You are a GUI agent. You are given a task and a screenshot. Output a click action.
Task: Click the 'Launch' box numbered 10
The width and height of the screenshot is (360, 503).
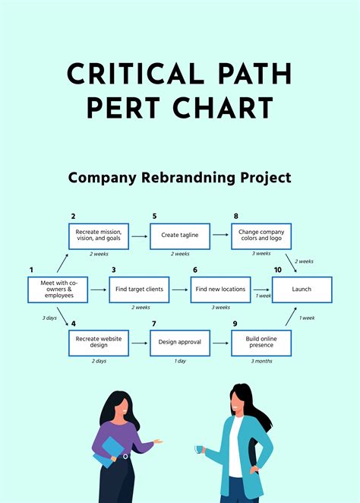coord(302,289)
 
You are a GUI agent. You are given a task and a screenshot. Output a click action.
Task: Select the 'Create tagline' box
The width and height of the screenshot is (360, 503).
coord(180,236)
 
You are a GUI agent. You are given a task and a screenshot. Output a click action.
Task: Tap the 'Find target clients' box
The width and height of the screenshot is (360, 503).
coord(140,289)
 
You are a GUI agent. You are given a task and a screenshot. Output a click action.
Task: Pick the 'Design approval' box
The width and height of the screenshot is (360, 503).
coord(180,343)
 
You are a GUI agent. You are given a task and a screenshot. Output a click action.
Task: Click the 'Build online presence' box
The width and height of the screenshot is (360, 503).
coord(261,343)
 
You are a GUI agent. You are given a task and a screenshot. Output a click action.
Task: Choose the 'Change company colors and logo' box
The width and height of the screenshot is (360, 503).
coord(261,236)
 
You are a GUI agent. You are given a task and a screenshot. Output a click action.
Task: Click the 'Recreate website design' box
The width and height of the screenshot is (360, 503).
coord(99,343)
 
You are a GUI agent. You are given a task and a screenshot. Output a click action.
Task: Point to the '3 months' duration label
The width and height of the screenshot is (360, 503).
coord(262,361)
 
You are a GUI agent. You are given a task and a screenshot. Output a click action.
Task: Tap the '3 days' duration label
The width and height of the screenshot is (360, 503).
coord(50,318)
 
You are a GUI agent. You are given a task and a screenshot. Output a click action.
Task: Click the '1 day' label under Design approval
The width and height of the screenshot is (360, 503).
coord(180,361)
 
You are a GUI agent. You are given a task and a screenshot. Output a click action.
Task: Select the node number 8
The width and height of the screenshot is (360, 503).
coord(235,217)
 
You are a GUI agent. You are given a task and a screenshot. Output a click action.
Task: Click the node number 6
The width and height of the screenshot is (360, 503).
coord(195,270)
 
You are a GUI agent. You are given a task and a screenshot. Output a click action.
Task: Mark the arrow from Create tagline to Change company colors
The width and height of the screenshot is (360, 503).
coord(220,236)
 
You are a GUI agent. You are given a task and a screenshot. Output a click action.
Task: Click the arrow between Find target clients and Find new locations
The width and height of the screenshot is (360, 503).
coord(180,289)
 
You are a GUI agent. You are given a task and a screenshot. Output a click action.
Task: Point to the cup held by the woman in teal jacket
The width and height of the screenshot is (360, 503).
coord(199,449)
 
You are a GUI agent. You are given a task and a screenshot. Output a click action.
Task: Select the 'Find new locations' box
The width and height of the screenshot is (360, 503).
coord(221,289)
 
